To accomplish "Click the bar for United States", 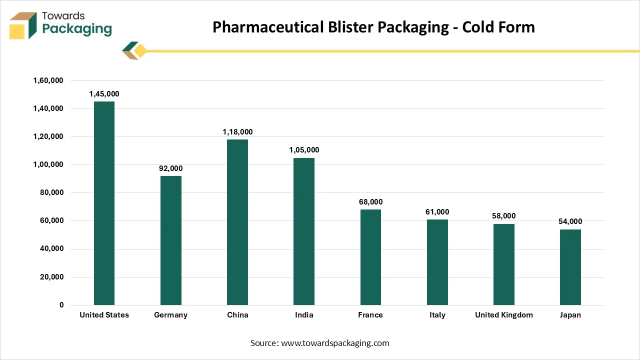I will click(x=104, y=203).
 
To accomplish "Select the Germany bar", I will click(x=171, y=240).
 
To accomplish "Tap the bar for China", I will click(x=237, y=222).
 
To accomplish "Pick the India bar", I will click(x=304, y=231).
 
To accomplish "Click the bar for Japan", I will click(x=570, y=267).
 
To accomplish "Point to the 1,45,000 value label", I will click(x=104, y=94).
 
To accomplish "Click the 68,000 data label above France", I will click(x=370, y=202).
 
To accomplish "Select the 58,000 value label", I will click(x=503, y=216).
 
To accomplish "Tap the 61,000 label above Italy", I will click(x=437, y=212).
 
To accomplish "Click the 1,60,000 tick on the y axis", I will click(x=48, y=80).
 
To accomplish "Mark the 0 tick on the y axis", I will click(x=61, y=305).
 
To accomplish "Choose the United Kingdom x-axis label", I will click(x=503, y=315).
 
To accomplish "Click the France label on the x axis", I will click(x=370, y=315).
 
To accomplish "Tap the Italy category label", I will click(x=437, y=315).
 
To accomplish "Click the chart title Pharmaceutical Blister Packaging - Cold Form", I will click(x=373, y=27).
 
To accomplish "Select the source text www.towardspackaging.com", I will click(x=335, y=343).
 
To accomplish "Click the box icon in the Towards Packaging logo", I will click(x=23, y=25).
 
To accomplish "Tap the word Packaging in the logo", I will click(x=77, y=29).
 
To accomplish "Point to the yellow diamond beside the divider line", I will click(x=140, y=51).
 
